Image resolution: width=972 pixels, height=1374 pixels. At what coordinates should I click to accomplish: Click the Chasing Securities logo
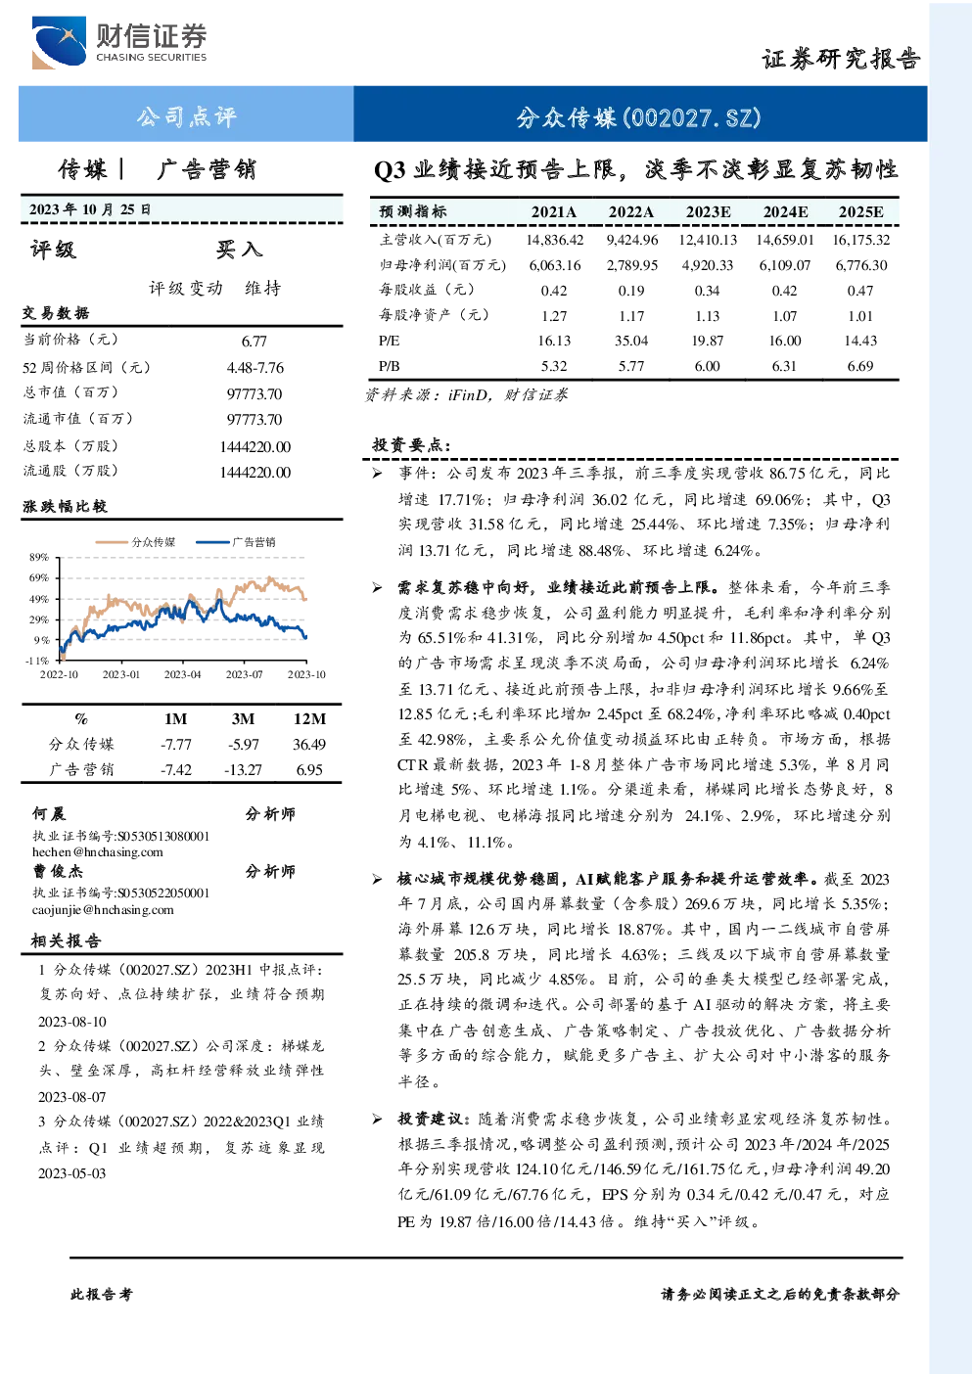(119, 42)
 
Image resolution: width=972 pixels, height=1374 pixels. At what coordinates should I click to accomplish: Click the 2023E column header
(708, 212)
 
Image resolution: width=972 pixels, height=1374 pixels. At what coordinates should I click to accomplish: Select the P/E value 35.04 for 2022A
(631, 341)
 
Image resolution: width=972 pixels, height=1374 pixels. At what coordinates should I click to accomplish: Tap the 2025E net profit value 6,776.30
(861, 265)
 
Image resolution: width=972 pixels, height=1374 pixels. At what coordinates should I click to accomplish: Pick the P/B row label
(389, 366)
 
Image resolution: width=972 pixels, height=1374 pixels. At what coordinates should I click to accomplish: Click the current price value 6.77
(255, 341)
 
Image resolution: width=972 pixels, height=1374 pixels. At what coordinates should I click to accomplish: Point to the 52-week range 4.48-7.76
(255, 368)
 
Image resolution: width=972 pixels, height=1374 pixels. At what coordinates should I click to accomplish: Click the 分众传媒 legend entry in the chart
(136, 542)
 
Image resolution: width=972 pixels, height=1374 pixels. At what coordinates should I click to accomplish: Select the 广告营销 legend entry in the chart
(236, 542)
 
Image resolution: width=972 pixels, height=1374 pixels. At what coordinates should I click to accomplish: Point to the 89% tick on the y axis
(39, 557)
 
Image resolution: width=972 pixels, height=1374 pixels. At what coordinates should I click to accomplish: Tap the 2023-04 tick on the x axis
(182, 674)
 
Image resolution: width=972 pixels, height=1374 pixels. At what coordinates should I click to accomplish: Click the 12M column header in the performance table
(310, 719)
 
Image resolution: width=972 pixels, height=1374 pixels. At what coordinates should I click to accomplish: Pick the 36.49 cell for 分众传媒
(309, 745)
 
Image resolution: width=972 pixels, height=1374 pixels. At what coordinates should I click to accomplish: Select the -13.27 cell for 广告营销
(243, 770)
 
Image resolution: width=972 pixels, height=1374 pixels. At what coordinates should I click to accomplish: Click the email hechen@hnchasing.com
(98, 852)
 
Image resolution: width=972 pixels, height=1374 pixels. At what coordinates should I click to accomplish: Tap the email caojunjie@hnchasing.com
(103, 910)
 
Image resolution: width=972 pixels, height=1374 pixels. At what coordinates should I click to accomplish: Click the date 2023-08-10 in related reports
(72, 1022)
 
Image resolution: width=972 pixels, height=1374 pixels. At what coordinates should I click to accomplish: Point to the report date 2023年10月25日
(90, 209)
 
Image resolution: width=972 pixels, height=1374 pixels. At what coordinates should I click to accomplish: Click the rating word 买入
(239, 250)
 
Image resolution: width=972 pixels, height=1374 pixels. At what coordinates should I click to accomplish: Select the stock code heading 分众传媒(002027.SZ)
(638, 117)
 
